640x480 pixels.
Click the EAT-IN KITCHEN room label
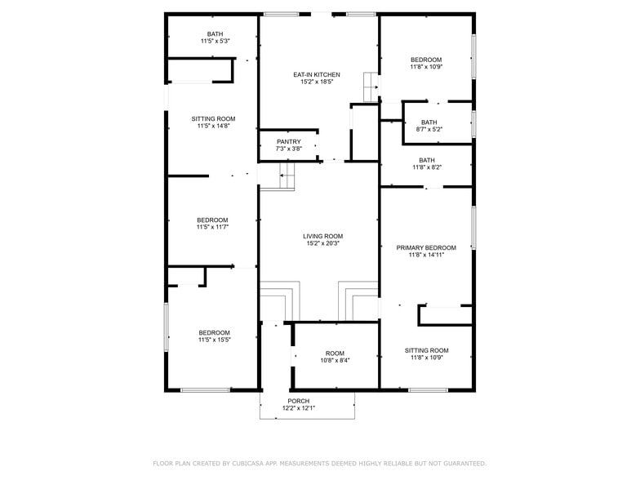pos(317,75)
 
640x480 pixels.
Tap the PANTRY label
pos(289,142)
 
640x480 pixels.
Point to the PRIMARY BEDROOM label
pos(426,247)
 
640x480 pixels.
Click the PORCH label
pos(298,401)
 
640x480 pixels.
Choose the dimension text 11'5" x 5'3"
pos(215,42)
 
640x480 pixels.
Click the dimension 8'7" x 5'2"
pos(429,130)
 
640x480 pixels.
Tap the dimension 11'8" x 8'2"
pos(426,167)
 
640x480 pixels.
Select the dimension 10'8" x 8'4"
pos(335,360)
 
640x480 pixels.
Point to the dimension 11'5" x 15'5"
pos(214,340)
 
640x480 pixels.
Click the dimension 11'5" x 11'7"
pos(212,228)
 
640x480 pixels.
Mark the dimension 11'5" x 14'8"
pos(214,126)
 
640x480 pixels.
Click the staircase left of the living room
pos(286,175)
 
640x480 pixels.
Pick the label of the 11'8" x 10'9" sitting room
pos(426,350)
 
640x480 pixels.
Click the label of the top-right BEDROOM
pos(426,60)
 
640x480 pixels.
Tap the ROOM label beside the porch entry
pos(335,353)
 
